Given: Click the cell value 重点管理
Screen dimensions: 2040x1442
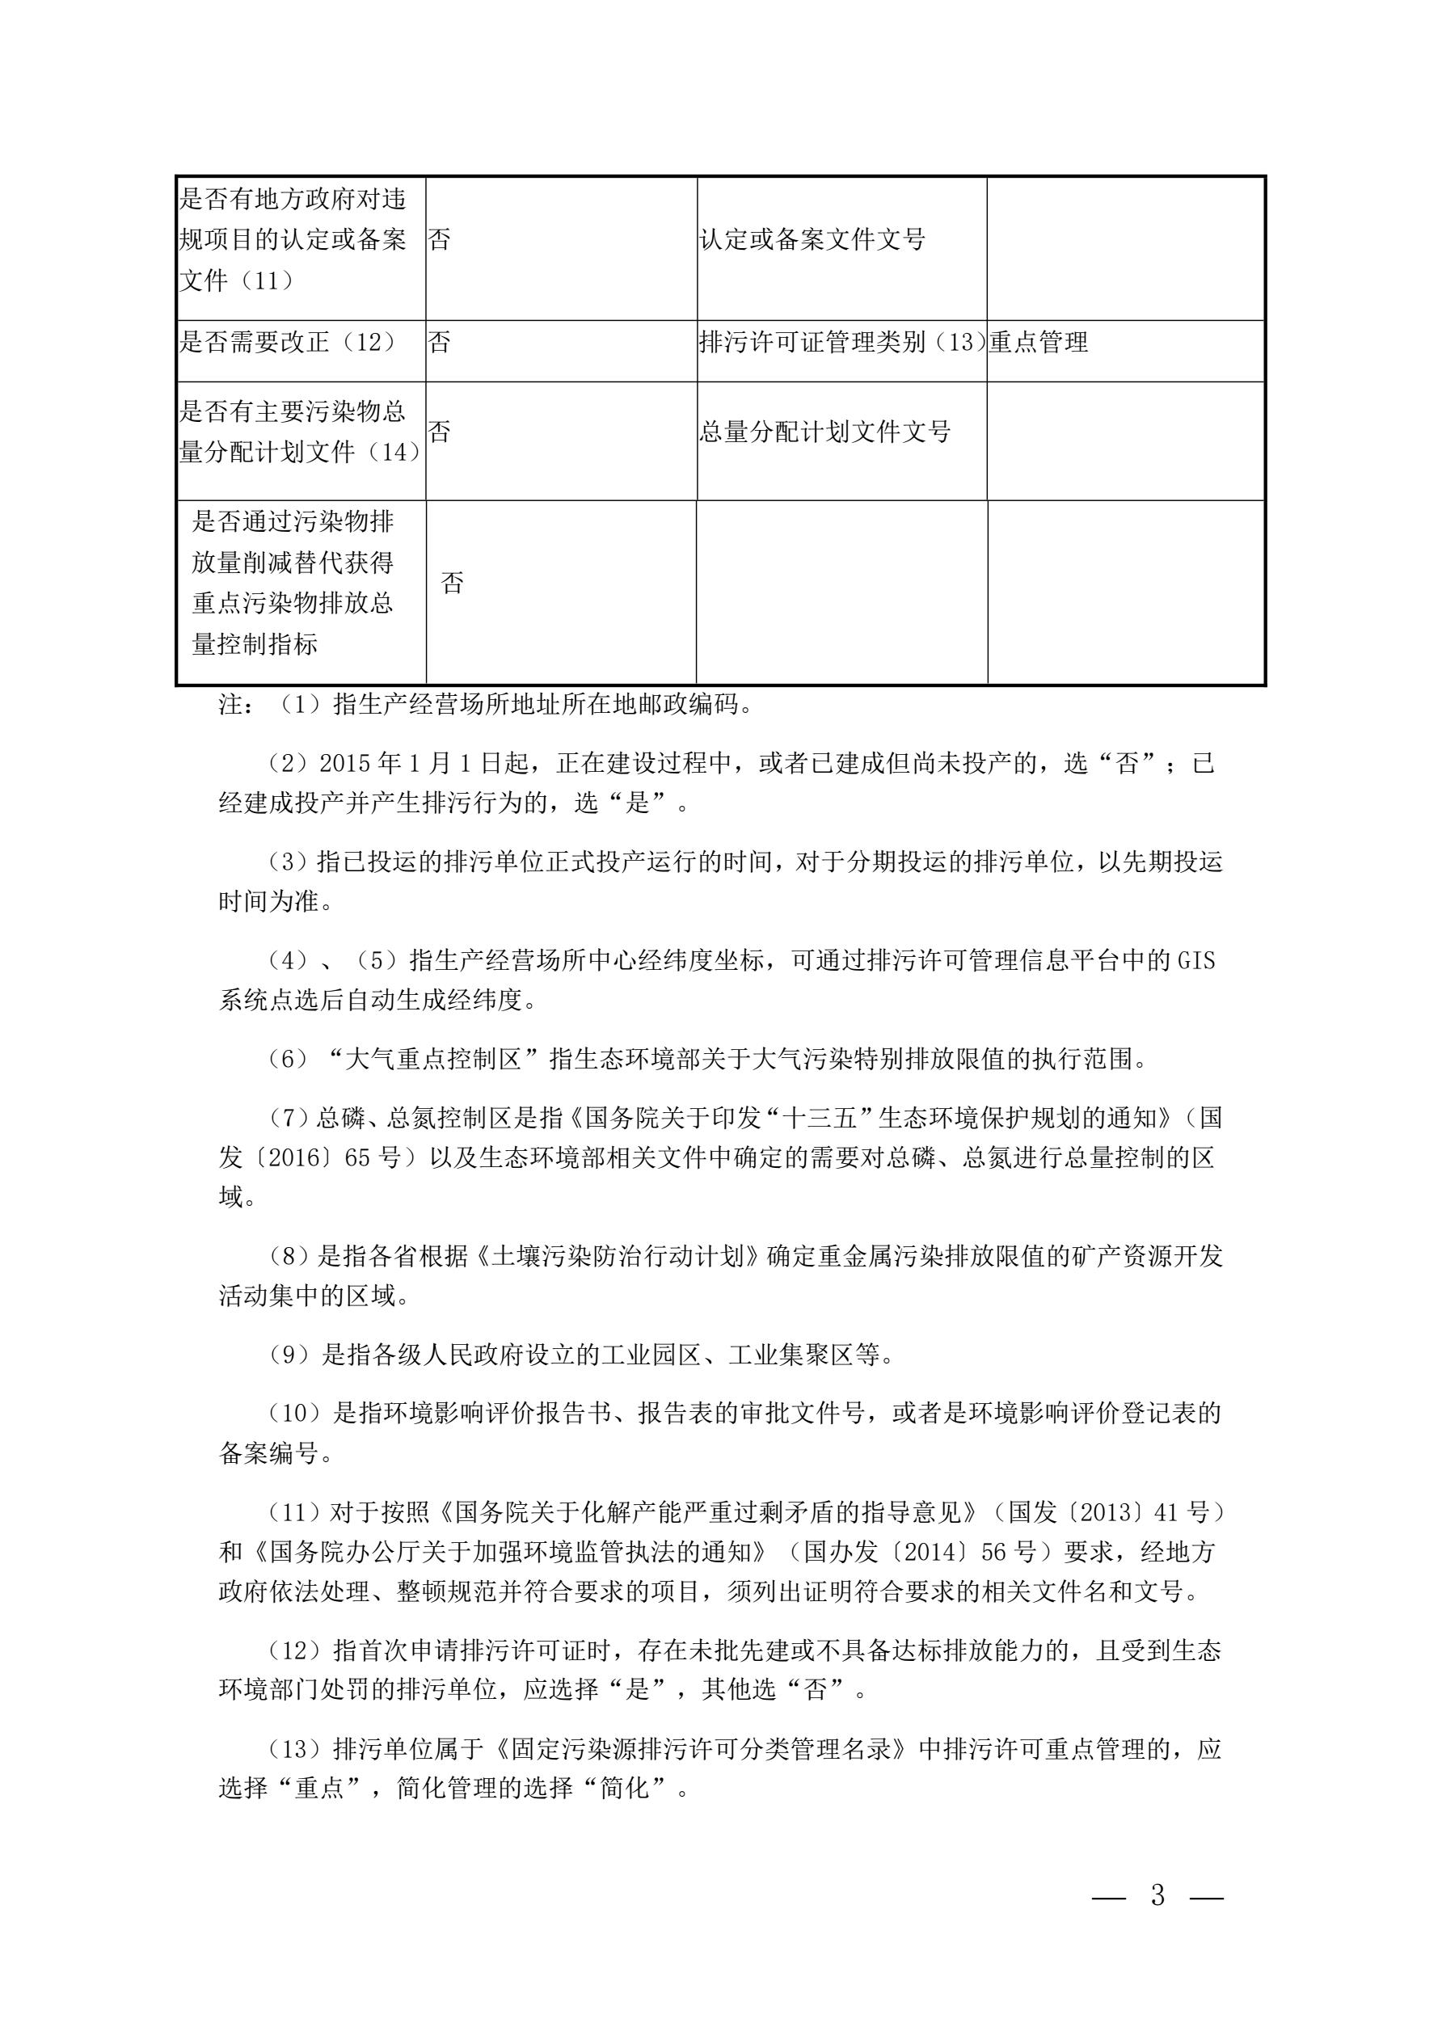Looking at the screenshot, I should click(x=1039, y=342).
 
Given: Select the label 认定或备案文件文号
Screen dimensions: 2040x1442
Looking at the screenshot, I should click(x=812, y=239).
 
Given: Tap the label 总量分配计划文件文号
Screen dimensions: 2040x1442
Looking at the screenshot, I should click(x=824, y=432).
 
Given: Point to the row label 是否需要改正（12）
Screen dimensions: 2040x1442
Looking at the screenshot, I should click(x=288, y=342).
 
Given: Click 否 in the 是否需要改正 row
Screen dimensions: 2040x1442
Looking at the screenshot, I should click(x=439, y=342).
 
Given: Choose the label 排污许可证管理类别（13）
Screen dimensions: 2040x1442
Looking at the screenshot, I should click(x=841, y=342).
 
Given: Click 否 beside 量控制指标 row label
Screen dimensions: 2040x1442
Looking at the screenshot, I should click(x=452, y=583).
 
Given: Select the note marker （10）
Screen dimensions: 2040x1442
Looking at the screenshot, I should click(x=297, y=1413).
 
